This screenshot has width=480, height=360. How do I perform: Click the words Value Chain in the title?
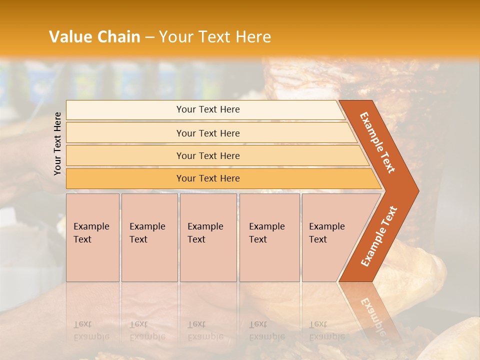click(94, 37)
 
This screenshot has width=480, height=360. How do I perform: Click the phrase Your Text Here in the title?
click(215, 37)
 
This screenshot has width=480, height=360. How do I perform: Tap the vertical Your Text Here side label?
click(57, 143)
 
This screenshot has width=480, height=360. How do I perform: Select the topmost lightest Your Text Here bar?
click(207, 109)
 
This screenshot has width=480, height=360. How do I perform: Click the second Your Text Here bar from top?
click(207, 133)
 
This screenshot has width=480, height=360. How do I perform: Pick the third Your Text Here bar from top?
click(207, 155)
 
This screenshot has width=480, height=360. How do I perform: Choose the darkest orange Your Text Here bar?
click(207, 178)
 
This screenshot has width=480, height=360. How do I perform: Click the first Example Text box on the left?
click(92, 237)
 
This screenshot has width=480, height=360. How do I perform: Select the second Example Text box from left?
click(149, 237)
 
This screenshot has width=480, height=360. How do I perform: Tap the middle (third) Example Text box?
click(207, 237)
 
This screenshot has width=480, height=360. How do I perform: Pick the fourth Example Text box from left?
click(269, 237)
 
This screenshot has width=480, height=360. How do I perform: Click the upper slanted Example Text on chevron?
click(377, 142)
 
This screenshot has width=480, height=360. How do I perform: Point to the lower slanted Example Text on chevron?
click(379, 236)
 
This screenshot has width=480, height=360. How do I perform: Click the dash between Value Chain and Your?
click(149, 37)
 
